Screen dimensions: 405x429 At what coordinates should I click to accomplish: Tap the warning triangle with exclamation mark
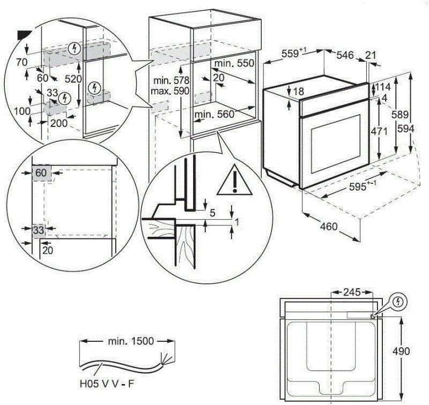click(234, 180)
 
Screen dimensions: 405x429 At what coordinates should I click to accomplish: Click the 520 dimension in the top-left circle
click(73, 79)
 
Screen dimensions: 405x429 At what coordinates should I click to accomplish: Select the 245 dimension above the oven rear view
click(350, 292)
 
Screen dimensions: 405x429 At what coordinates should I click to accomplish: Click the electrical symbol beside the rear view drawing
click(397, 302)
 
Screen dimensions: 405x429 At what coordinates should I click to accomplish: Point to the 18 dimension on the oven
click(299, 92)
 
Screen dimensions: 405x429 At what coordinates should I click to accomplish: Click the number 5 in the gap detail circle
click(212, 213)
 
